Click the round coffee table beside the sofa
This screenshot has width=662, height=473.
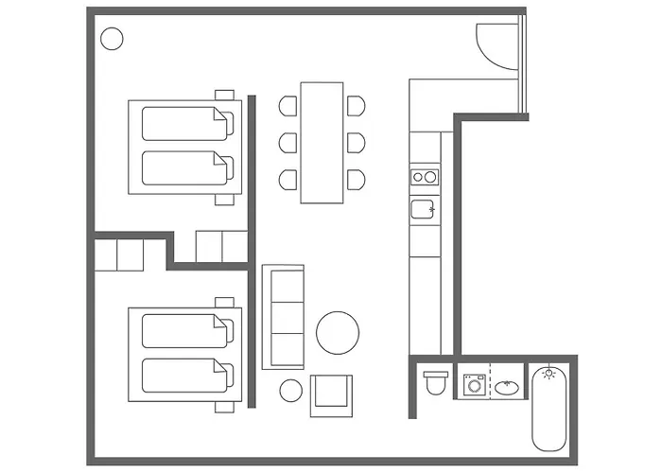coord(338,333)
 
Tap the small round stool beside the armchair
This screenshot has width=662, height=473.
coord(291,389)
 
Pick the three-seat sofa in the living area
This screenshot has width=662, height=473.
coord(283,317)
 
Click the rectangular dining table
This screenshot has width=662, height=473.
coord(322,142)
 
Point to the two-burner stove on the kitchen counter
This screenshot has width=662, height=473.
coord(425,176)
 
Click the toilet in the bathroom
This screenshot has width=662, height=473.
coord(436,383)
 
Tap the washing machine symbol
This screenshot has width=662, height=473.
coord(474,385)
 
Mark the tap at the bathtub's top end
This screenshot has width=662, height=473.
coord(547,373)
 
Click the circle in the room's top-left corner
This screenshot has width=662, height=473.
coord(112,39)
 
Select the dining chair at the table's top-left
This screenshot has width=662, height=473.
coord(287,106)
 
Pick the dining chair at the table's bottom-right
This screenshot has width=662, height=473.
coord(356,179)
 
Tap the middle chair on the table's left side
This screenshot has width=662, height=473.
coord(287,142)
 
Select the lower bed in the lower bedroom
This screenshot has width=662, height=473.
coord(185,374)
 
